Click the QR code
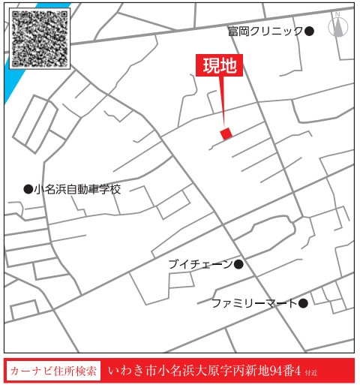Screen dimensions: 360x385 (x=41, y=38)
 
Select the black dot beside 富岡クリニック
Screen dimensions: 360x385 (x=310, y=31)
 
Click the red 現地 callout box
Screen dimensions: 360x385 (x=220, y=66)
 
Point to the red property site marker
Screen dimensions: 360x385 (x=226, y=133)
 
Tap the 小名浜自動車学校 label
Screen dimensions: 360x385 (x=77, y=190)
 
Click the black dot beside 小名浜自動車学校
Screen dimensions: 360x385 (x=28, y=190)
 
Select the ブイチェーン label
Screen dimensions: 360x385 (x=200, y=264)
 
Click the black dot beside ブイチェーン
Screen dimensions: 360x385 (x=239, y=264)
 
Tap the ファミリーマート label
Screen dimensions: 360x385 (x=253, y=303)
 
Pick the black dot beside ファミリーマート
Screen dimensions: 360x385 (x=303, y=303)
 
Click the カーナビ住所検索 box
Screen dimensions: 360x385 (x=53, y=371)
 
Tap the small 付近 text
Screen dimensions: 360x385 (x=311, y=373)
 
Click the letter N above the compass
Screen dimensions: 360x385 (x=337, y=14)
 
